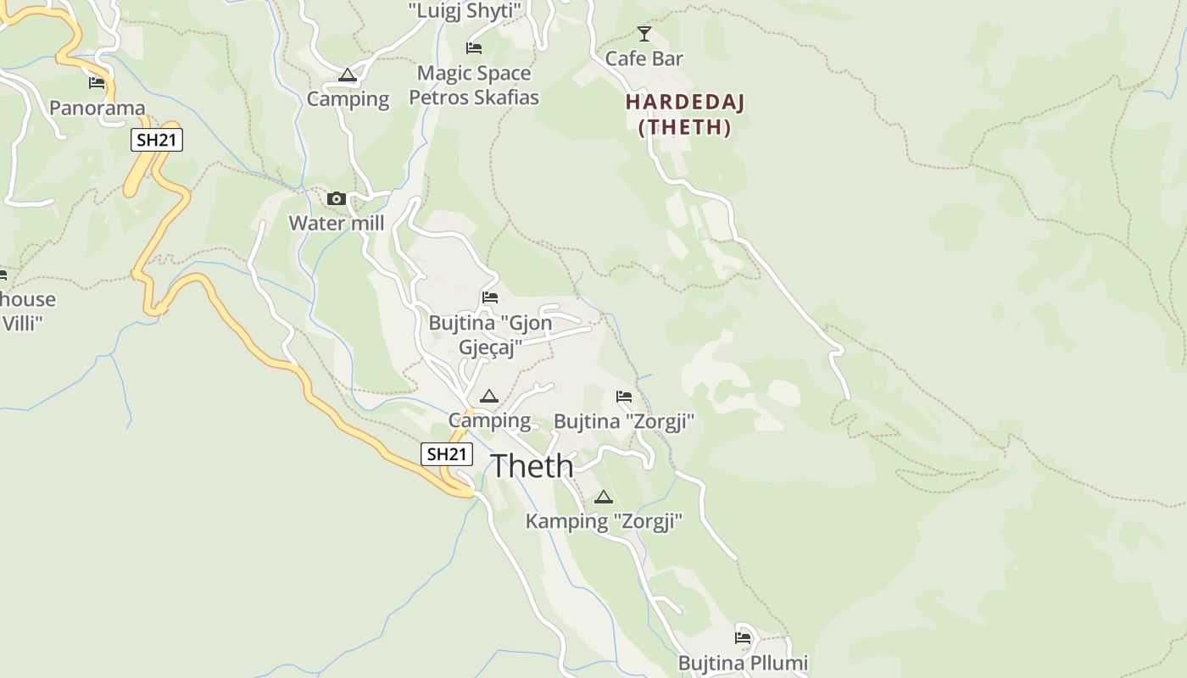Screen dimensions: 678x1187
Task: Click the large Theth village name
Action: (x=532, y=465)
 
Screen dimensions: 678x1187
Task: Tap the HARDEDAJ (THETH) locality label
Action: (x=684, y=114)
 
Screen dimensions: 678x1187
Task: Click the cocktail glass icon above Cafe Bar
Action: (x=644, y=34)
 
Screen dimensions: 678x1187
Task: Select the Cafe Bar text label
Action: (x=644, y=58)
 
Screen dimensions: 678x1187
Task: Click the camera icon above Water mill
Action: (x=337, y=199)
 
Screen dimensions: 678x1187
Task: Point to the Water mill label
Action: (x=337, y=224)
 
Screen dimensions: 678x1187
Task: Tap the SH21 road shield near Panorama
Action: (x=157, y=140)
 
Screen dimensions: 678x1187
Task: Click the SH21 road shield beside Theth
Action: (x=447, y=454)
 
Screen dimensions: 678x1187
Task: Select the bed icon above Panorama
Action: (x=97, y=83)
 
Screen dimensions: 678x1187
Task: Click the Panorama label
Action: (x=98, y=108)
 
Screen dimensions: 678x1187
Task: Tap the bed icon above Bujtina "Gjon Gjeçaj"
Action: (x=490, y=297)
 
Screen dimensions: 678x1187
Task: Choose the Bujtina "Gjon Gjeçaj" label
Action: (x=490, y=335)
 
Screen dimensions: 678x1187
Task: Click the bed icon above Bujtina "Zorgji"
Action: (x=624, y=397)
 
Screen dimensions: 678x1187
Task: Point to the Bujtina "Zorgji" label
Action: (x=624, y=421)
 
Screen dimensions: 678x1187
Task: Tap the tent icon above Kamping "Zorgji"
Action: (x=604, y=497)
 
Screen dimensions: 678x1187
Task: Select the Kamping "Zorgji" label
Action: (x=604, y=521)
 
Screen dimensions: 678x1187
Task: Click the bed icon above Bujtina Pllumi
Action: (x=744, y=637)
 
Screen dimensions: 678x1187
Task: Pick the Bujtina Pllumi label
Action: (x=744, y=662)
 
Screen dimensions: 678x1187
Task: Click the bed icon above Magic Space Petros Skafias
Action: (x=474, y=48)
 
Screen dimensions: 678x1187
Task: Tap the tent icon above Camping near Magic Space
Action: (x=348, y=75)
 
